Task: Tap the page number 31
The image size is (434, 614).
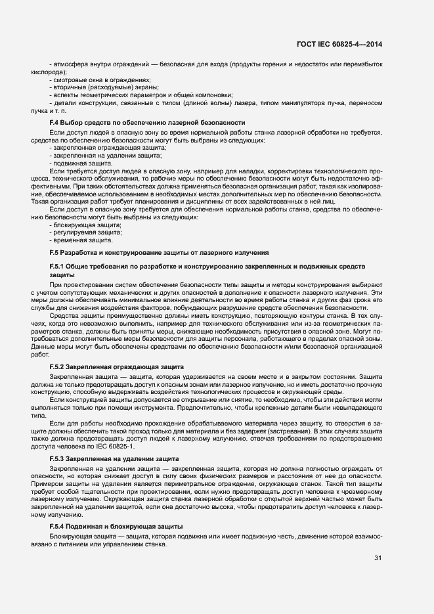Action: (x=378, y=559)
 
